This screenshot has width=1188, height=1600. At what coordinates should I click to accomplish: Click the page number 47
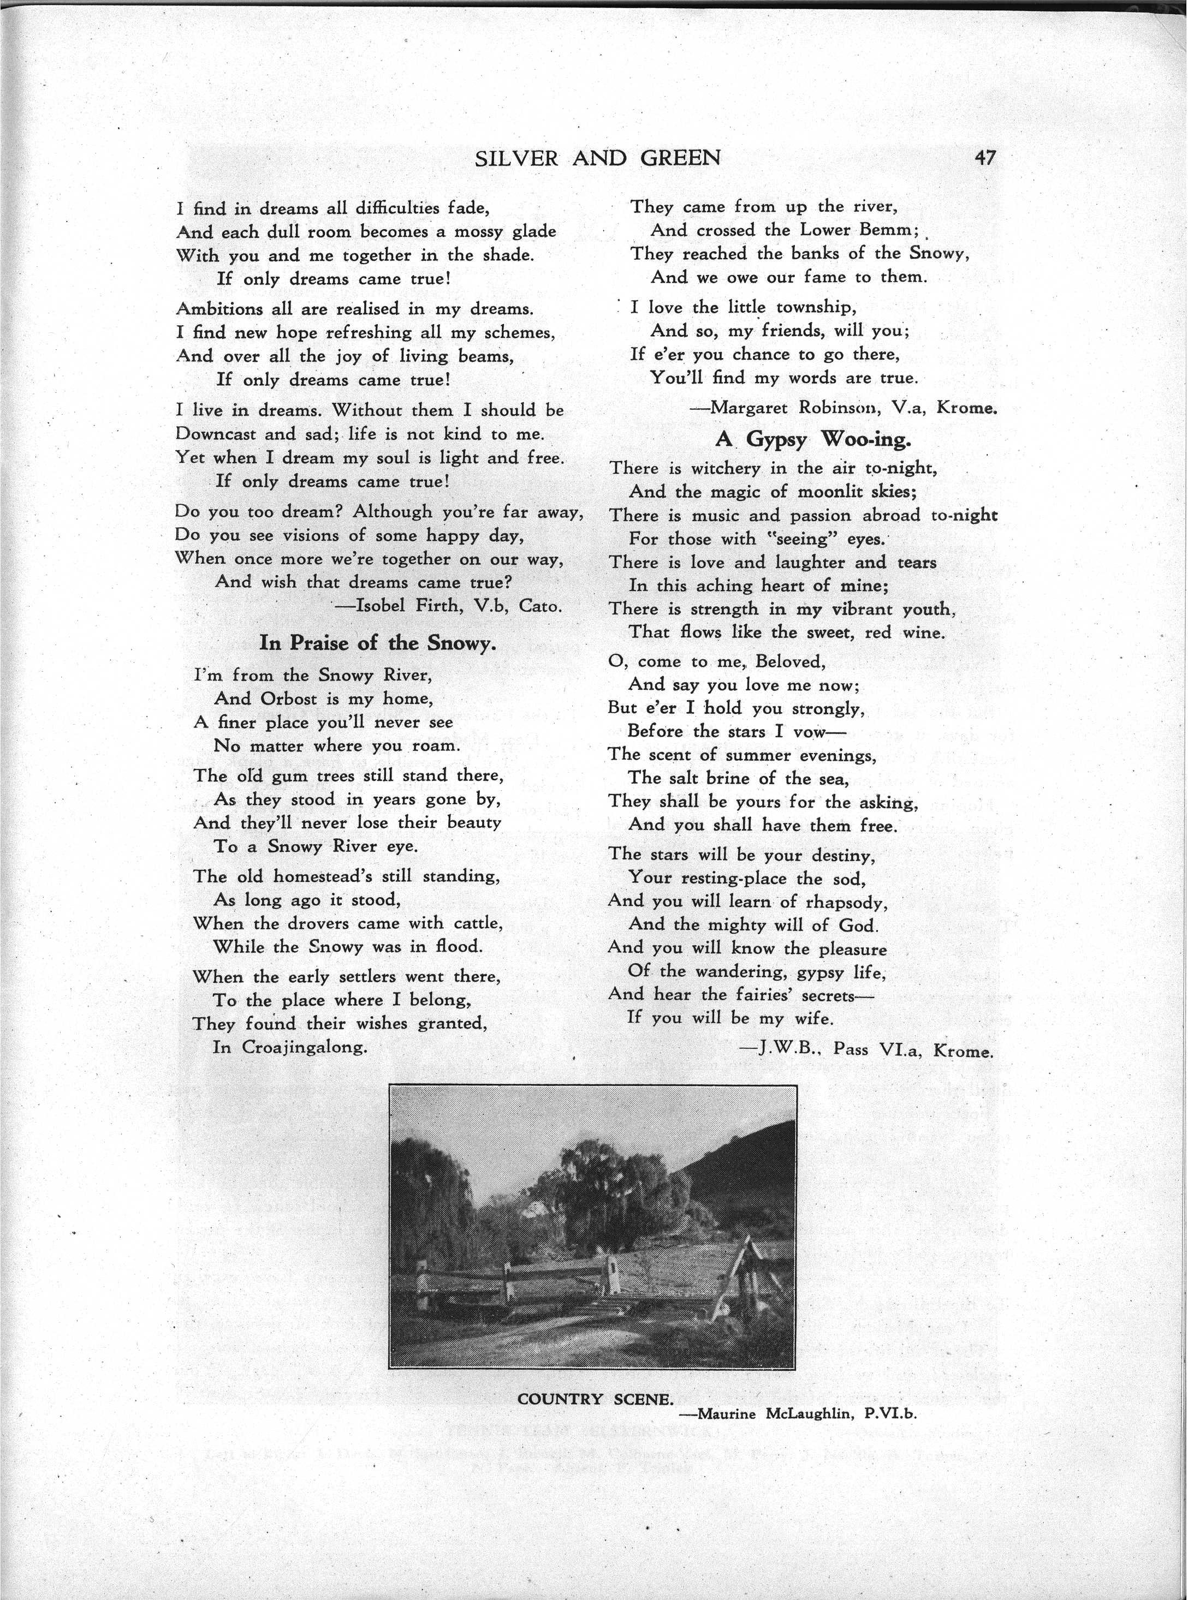pyautogui.click(x=984, y=157)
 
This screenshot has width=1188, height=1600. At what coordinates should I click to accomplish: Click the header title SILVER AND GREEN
pyautogui.click(x=598, y=158)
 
